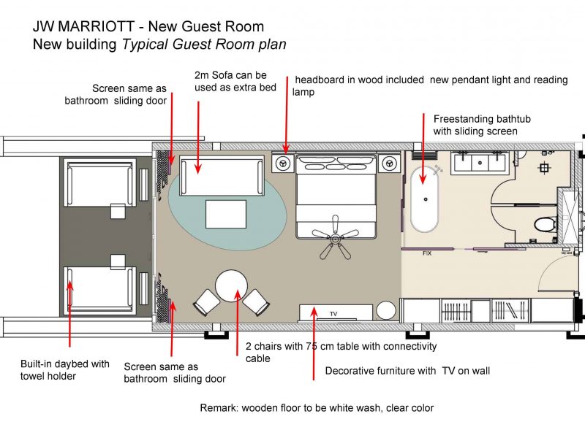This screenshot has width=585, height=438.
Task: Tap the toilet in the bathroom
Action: pos(545,225)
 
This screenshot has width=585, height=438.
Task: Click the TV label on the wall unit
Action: pos(333,314)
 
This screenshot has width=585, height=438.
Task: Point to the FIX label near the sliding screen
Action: pos(427,253)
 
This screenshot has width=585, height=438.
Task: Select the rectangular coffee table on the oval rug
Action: pos(226,214)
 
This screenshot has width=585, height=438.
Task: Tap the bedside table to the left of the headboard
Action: pos(284,163)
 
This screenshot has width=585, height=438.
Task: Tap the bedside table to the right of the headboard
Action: pos(389,163)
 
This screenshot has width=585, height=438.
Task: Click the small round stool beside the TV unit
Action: pos(386,311)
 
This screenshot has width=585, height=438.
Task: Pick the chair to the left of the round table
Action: pos(207,302)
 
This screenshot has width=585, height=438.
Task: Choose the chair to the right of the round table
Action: pos(256,302)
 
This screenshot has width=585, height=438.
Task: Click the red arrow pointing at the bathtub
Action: pos(423,149)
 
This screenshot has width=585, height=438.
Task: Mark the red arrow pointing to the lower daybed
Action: pos(69,314)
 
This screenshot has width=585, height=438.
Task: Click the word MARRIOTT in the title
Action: pos(96,26)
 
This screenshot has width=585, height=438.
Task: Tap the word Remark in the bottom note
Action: pos(219,408)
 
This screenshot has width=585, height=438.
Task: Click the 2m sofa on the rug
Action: pos(222,176)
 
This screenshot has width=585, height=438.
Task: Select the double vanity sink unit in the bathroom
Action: pos(480,163)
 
